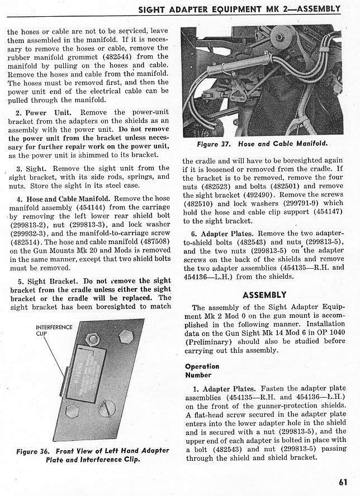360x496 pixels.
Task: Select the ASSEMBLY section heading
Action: pyautogui.click(x=264, y=294)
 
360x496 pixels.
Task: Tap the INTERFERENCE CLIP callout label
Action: pyautogui.click(x=54, y=330)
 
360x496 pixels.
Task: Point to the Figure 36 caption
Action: pyautogui.click(x=93, y=455)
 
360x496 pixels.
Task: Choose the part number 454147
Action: pyautogui.click(x=326, y=212)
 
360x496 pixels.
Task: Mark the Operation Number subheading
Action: pyautogui.click(x=202, y=371)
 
